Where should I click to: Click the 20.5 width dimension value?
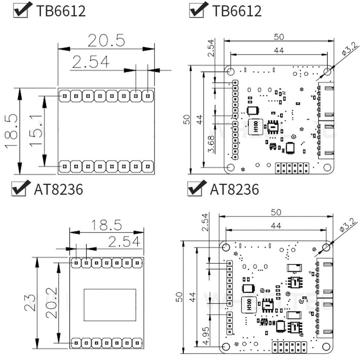click(x=106, y=40)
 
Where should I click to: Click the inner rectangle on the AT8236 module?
click(x=110, y=305)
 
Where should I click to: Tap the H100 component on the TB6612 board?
click(x=255, y=127)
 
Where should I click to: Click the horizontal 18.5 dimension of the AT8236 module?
click(x=106, y=225)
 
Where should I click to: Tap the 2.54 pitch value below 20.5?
click(x=91, y=62)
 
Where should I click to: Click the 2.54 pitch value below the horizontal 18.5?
click(x=124, y=242)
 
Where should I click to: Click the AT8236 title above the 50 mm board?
click(x=234, y=189)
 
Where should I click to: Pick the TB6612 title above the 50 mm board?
click(x=237, y=11)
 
